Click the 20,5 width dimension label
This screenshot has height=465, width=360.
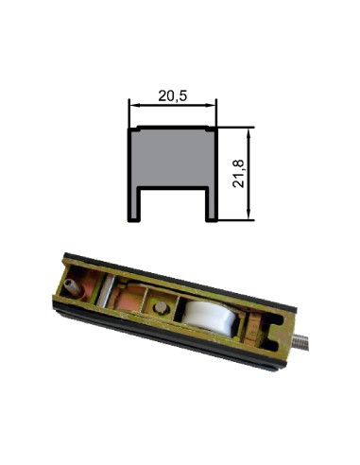coord(172,95)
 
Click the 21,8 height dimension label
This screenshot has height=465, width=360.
coord(238,174)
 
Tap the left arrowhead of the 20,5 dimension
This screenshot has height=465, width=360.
coord(133,105)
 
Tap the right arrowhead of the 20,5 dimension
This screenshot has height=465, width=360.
coord(212,105)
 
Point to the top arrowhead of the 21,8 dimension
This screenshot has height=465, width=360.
coord(249,132)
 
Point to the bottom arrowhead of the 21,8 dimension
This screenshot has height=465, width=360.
coord(249,215)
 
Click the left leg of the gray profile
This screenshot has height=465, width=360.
coord(133,204)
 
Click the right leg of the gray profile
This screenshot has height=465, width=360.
coord(212,204)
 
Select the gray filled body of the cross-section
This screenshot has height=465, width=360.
coord(173,158)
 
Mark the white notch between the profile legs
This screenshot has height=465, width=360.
coord(173,206)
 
